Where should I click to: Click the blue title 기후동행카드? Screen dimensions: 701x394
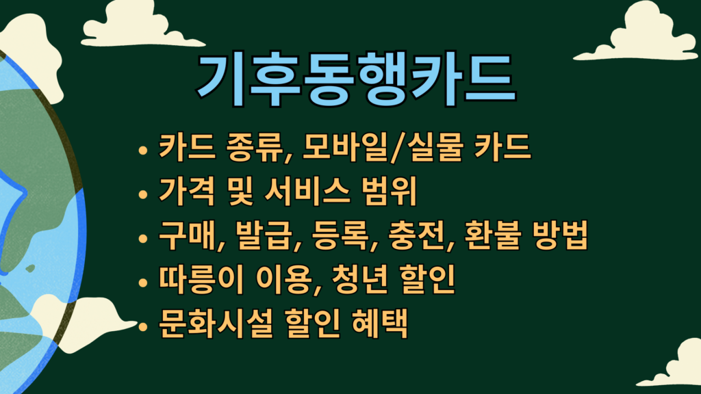tap(356, 80)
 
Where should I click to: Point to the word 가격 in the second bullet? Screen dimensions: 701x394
tap(187, 192)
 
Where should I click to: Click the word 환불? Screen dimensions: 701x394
tap(493, 235)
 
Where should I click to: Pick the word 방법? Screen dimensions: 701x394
tap(561, 235)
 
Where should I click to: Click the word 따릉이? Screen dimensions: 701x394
tap(201, 279)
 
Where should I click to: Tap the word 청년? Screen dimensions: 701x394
tap(360, 279)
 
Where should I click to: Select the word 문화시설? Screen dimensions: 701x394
tap(216, 323)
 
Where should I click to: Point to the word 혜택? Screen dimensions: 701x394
tap(380, 323)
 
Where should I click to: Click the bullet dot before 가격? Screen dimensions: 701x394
tap(143, 194)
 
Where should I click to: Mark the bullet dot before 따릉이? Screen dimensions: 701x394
tap(143, 283)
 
